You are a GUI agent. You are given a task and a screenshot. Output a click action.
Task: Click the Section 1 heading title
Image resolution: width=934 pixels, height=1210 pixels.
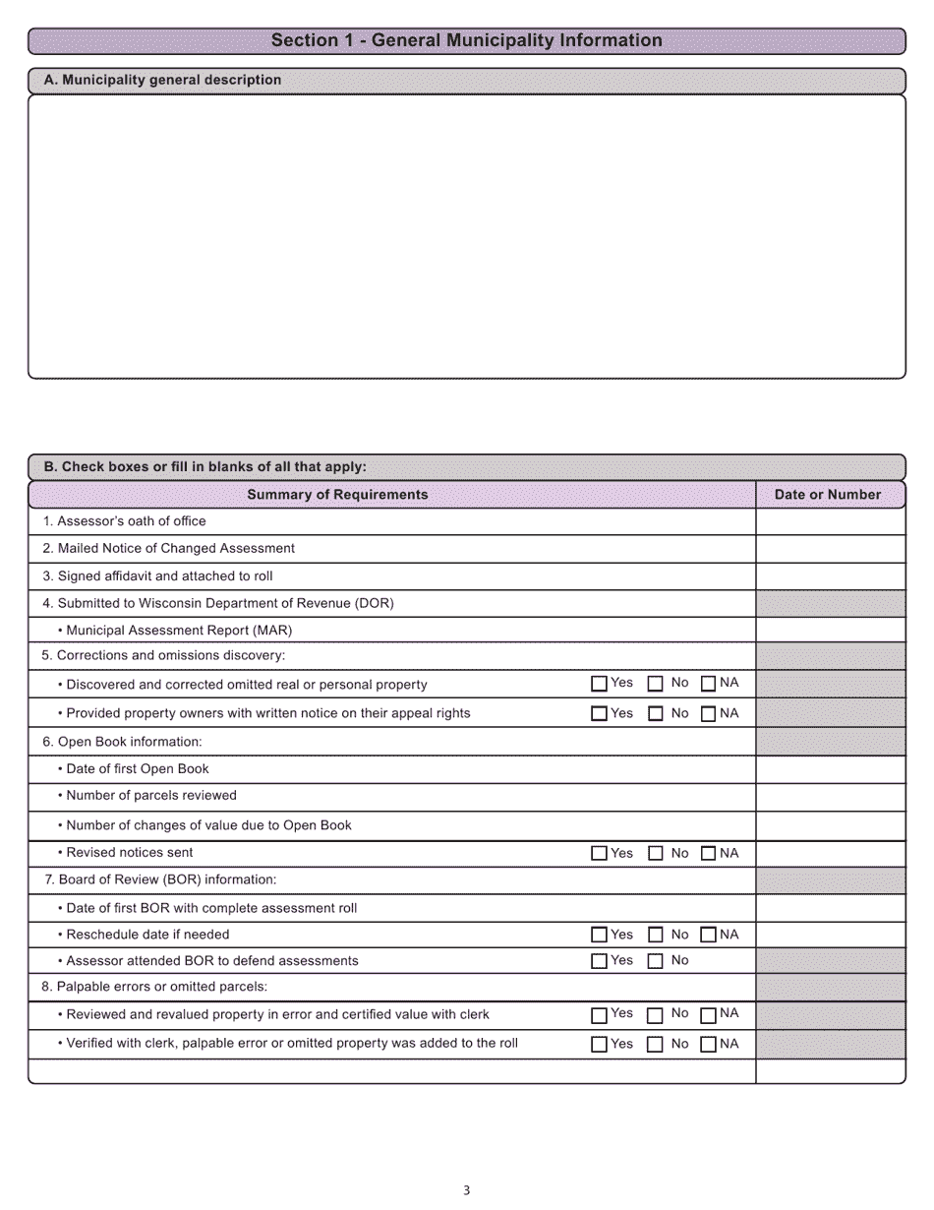466,40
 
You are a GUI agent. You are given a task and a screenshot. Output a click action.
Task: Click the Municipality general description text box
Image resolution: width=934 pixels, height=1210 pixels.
466,236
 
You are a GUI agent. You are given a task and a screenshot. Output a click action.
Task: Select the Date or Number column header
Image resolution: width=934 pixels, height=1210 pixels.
828,495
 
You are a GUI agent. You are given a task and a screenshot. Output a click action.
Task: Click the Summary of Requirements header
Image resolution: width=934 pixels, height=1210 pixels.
337,495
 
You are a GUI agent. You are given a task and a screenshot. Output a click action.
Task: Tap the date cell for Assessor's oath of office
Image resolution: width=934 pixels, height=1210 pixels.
830,521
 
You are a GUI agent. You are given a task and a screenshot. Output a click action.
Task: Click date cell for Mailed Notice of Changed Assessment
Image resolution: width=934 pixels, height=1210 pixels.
830,549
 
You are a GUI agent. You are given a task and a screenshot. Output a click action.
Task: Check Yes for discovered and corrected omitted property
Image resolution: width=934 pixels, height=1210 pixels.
599,685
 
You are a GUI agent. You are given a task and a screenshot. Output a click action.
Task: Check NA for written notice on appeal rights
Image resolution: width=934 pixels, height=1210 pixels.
708,714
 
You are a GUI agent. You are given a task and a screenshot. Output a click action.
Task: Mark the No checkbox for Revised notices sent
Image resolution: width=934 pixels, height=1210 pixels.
655,854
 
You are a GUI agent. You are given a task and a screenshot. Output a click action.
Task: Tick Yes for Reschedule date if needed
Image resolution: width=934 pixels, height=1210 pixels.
599,936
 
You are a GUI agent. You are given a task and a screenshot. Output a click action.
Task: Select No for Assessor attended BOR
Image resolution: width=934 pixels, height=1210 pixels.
655,962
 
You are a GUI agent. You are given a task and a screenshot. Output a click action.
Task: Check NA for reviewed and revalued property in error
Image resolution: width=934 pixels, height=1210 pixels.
708,1015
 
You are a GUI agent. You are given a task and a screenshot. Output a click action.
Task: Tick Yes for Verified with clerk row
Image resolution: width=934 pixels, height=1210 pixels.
599,1045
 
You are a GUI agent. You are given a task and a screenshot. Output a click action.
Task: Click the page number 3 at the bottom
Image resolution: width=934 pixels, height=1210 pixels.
466,1190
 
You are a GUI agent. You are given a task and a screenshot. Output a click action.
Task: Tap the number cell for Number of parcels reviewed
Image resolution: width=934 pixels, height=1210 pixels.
830,797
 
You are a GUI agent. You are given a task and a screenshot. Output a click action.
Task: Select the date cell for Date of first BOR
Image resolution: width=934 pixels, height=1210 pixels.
830,908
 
